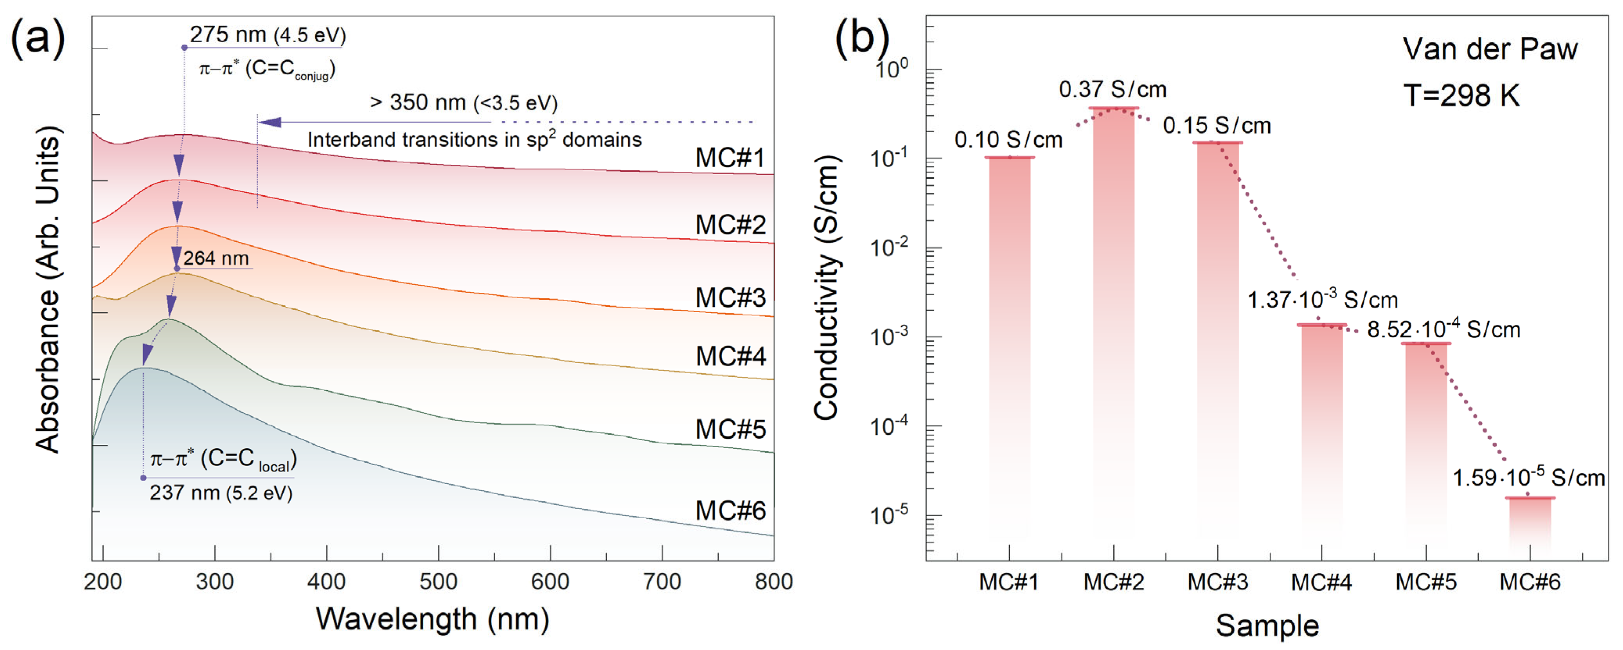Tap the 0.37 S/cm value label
coord(1113,90)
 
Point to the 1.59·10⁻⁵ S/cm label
coord(1528,477)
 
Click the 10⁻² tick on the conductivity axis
coord(888,247)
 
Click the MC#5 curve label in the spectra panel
coord(730,429)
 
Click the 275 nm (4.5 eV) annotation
coord(268,35)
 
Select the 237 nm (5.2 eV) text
coord(221,492)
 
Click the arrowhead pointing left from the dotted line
coord(270,122)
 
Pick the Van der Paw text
coord(1490,49)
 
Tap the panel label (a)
coord(38,38)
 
